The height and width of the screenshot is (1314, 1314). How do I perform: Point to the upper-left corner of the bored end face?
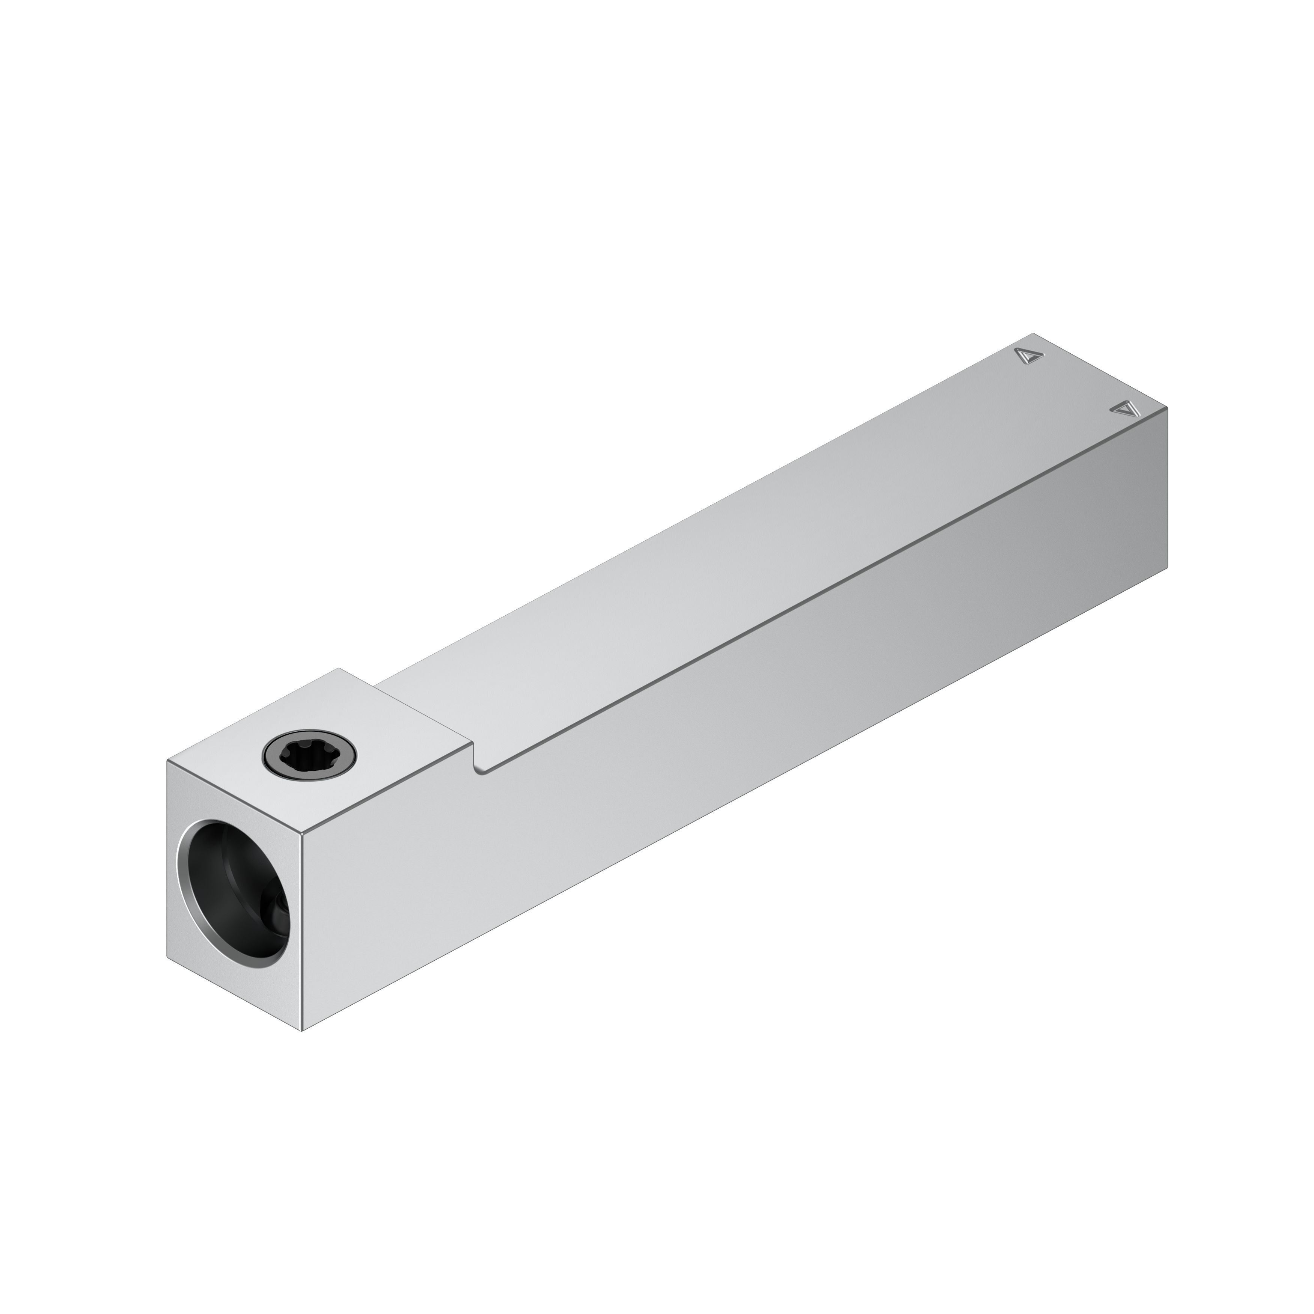coord(167,762)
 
